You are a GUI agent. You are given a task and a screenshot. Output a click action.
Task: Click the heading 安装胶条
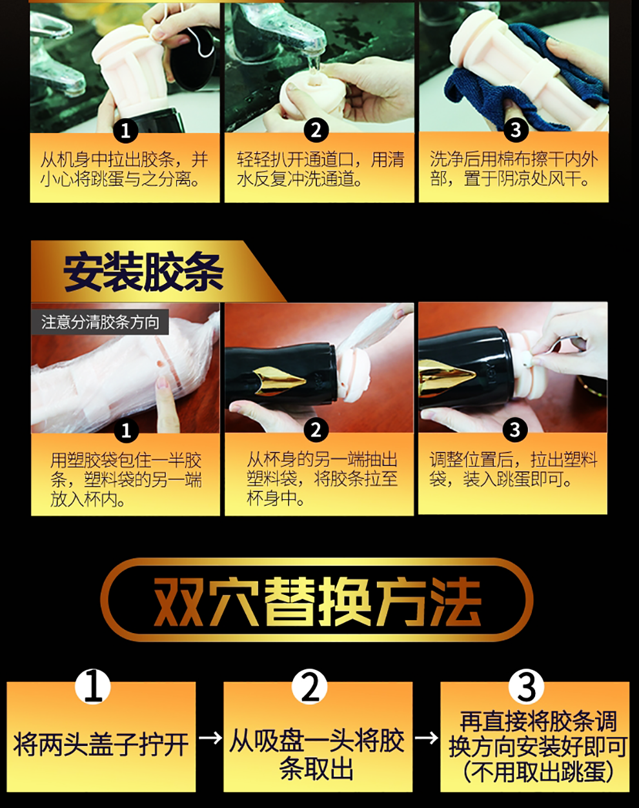coord(143,273)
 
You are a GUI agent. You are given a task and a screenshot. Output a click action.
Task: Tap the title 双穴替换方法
coord(318,601)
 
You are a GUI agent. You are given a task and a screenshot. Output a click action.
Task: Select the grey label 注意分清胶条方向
coord(100,323)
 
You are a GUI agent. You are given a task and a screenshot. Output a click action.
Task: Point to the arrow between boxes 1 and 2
coord(210,738)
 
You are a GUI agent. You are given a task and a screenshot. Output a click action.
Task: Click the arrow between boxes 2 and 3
coord(427,738)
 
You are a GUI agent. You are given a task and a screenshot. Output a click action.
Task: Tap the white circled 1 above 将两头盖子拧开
coord(93,687)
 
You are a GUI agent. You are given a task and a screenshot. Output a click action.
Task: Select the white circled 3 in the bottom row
coord(526,687)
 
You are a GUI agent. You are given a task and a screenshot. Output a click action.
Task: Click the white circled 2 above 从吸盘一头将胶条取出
coord(310,687)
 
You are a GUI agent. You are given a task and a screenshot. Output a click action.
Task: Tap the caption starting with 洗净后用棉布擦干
coord(514,168)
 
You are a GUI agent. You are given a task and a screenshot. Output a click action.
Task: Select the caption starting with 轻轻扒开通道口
coord(320,168)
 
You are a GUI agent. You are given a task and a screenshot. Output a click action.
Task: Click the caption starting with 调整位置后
coord(513,469)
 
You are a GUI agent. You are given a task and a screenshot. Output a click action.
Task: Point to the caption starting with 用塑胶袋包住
coord(126,480)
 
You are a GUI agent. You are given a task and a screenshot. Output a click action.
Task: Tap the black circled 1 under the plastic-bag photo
coord(127,430)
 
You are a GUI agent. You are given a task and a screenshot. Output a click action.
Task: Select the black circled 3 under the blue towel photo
coord(516,130)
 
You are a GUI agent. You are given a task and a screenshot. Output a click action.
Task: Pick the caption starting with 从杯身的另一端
coord(322,479)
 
